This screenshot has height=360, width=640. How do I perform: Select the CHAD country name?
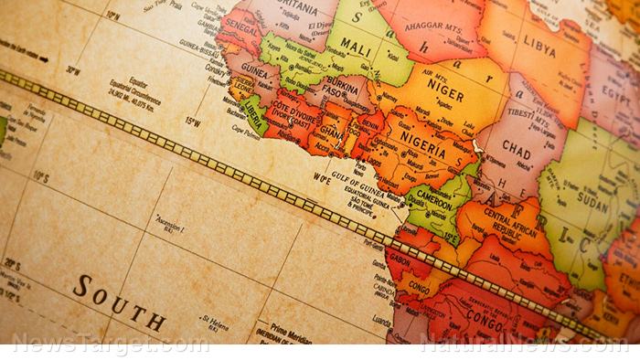517,152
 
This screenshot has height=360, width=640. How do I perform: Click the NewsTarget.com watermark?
110,344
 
